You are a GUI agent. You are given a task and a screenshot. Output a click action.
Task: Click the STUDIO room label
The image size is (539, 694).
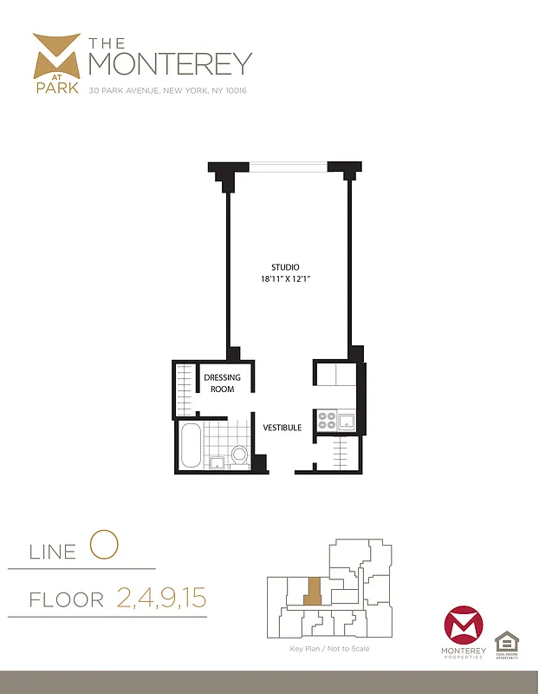[286, 266]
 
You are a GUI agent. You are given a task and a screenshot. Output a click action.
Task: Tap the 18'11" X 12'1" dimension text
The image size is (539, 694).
[286, 278]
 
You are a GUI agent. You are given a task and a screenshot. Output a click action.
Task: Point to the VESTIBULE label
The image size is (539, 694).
[282, 428]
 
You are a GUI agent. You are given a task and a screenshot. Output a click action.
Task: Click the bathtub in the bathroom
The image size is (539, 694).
[192, 446]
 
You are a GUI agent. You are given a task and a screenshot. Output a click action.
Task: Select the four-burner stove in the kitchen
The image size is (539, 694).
[328, 421]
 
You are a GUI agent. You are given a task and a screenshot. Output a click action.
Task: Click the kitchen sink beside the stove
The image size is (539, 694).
[347, 422]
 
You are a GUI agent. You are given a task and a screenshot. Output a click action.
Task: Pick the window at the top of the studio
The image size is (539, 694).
[288, 165]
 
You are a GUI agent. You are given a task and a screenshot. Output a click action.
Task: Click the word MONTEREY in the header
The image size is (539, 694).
[171, 63]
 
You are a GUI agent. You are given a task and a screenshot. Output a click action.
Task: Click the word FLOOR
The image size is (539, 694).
[66, 599]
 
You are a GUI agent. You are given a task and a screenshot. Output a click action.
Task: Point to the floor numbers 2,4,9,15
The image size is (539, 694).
[160, 598]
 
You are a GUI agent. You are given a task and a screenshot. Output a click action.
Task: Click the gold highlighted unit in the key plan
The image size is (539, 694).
[312, 593]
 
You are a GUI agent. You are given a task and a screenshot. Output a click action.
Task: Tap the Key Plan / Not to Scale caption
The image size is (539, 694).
[329, 649]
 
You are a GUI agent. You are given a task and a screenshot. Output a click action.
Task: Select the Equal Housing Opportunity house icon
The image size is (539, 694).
[507, 642]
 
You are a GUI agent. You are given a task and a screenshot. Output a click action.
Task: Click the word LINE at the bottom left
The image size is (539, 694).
[53, 551]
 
